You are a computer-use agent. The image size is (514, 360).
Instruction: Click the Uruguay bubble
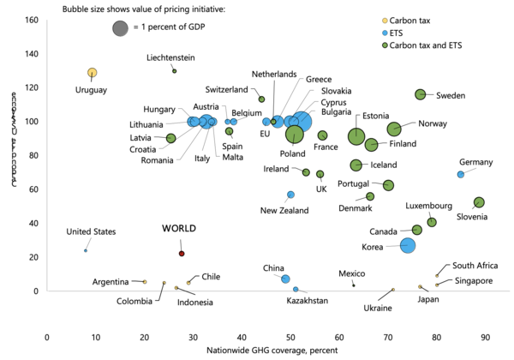pyautogui.click(x=92, y=73)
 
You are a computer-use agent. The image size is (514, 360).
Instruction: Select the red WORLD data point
pyautogui.click(x=182, y=254)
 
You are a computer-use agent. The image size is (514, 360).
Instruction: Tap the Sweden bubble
pyautogui.click(x=420, y=94)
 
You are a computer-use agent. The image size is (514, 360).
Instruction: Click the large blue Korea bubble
pyautogui.click(x=408, y=246)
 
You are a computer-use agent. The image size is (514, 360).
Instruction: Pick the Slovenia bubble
pyautogui.click(x=479, y=202)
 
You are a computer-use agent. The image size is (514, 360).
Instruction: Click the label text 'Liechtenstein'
pyautogui.click(x=170, y=57)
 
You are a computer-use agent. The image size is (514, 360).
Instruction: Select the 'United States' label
pyautogui.click(x=92, y=231)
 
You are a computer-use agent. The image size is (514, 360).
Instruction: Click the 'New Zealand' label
pyautogui.click(x=284, y=210)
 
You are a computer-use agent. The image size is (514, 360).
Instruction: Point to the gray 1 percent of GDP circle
pyautogui.click(x=122, y=28)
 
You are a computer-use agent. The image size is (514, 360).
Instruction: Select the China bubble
pyautogui.click(x=285, y=279)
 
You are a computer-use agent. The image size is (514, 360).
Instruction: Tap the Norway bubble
pyautogui.click(x=394, y=129)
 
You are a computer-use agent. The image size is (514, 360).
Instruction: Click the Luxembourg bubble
pyautogui.click(x=432, y=222)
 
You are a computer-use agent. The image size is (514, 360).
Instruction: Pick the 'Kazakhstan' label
pyautogui.click(x=306, y=301)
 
